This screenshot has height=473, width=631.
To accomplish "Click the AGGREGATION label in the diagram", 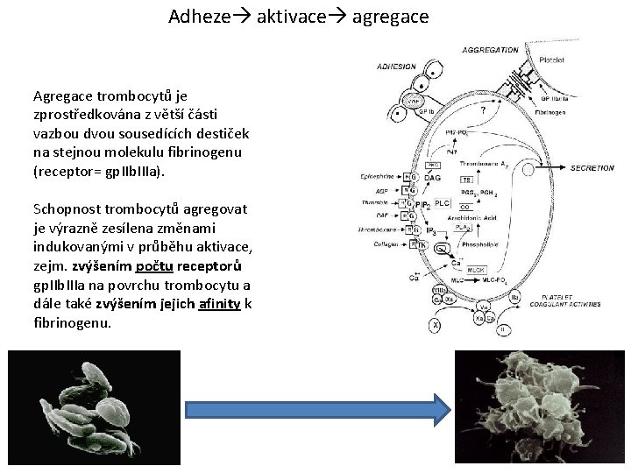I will [490, 50].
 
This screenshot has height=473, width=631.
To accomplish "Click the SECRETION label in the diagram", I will [593, 167].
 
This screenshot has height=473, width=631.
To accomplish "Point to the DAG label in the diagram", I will [432, 178].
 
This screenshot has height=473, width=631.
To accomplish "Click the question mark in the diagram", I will [484, 110].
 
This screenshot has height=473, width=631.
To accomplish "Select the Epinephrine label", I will [379, 176].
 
